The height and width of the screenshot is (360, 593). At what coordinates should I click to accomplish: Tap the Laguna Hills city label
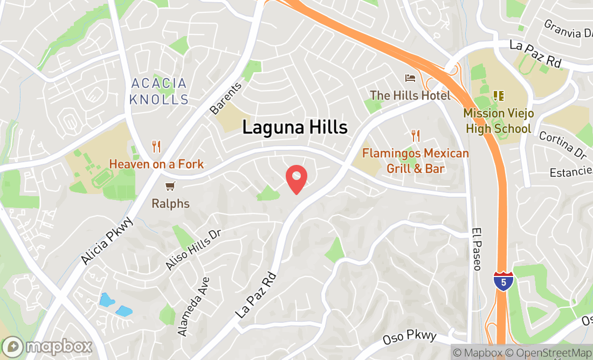[295, 127]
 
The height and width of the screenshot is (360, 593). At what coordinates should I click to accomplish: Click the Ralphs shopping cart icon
[170, 186]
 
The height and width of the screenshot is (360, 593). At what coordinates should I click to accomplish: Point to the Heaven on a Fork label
[156, 164]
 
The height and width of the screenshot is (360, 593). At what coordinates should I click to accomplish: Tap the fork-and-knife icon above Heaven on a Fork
[156, 146]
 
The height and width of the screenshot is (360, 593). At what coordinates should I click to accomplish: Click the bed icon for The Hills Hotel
[410, 78]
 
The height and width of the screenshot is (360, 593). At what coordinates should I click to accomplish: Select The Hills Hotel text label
[410, 95]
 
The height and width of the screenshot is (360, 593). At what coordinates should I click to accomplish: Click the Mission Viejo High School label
[499, 121]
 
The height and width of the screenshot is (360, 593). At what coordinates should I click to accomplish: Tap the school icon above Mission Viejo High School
[499, 96]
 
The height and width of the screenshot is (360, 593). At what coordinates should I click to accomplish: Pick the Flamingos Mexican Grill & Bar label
[415, 161]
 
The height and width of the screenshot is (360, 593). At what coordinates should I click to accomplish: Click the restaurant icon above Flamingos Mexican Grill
[415, 135]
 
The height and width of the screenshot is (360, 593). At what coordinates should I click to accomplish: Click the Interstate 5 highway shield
[502, 281]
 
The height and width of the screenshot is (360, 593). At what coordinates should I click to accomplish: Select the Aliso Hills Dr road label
[194, 248]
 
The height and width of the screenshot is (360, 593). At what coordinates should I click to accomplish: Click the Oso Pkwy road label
[409, 338]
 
